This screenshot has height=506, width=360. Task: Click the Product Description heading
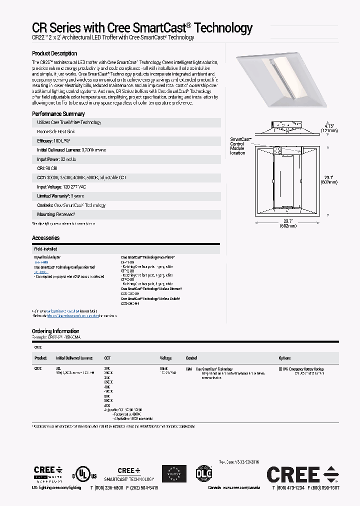pyautogui.click(x=54, y=53)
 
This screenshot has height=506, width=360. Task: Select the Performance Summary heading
pyautogui.click(x=58, y=114)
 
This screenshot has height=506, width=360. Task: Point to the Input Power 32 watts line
pyautogui.click(x=56, y=159)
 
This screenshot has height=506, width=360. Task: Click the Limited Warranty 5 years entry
pyautogui.click(x=60, y=196)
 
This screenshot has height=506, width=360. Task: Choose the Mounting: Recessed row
pyautogui.click(x=55, y=214)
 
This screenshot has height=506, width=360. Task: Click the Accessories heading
pyautogui.click(x=45, y=238)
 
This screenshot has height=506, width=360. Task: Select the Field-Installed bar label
pyautogui.click(x=45, y=248)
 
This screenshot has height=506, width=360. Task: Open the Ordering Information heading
pyautogui.click(x=55, y=331)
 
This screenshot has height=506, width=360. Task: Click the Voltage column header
pyautogui.click(x=165, y=358)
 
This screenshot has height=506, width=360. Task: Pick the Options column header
pyautogui.click(x=284, y=358)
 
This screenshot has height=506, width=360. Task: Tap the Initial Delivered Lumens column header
pyautogui.click(x=74, y=358)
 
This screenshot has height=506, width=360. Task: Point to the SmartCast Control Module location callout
pyautogui.click(x=238, y=146)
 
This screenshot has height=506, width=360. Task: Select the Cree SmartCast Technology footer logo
pyautogui.click(x=129, y=473)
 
